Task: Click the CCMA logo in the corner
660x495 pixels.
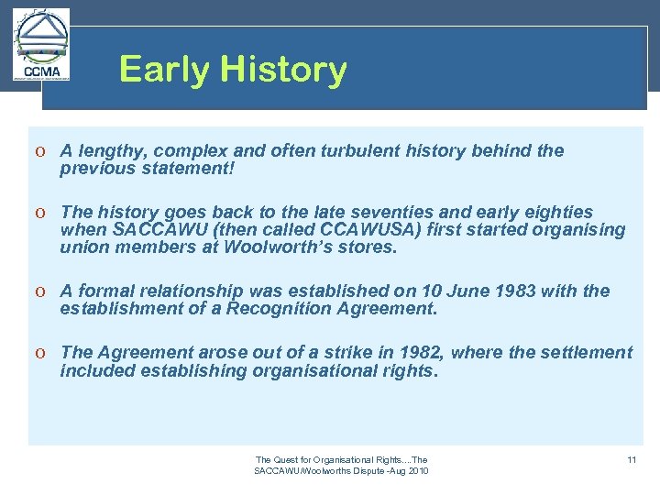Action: point(41,46)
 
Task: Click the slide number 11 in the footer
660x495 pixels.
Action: point(632,459)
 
